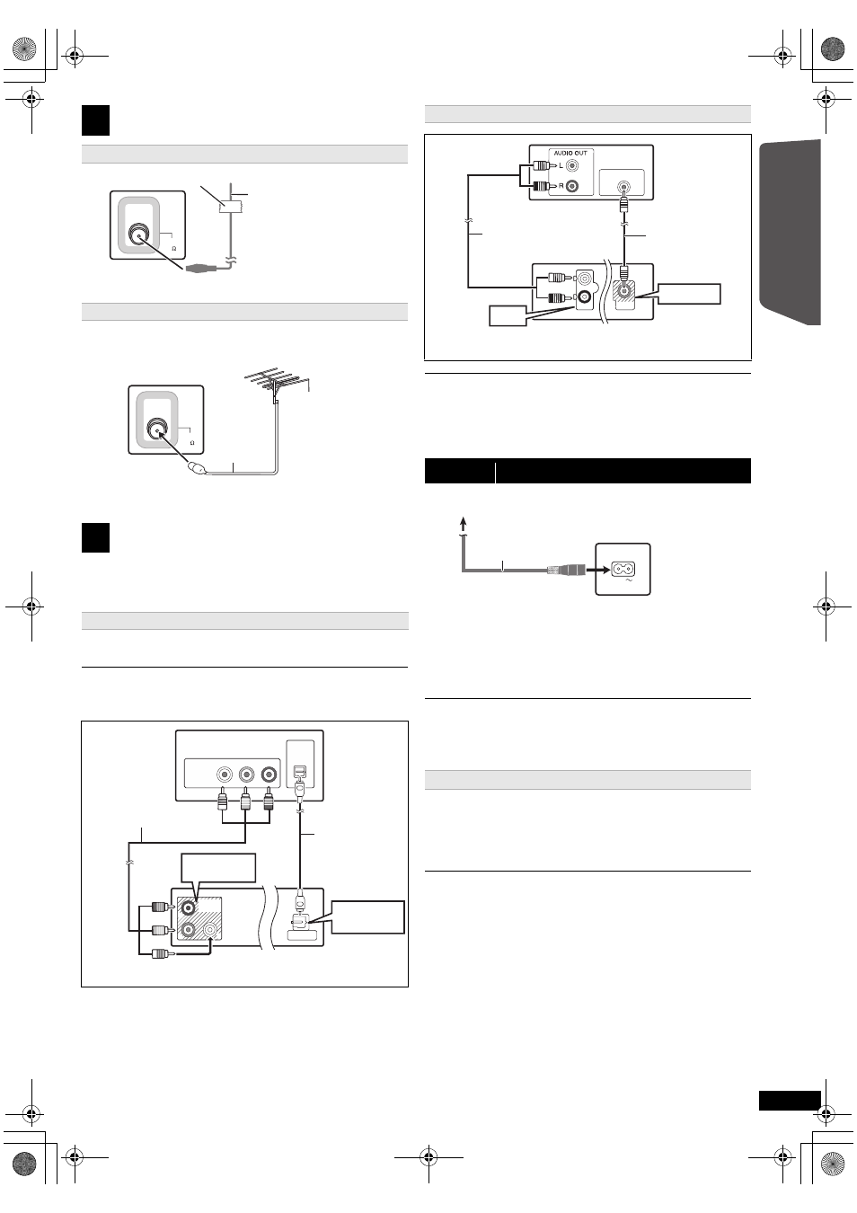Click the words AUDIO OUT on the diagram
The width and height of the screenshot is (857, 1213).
coord(570,154)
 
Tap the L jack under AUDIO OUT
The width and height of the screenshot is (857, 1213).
coord(571,165)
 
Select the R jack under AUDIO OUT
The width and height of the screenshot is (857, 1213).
coord(571,186)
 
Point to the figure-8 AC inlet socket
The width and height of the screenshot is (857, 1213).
coord(623,569)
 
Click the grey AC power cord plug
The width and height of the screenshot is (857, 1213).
coord(566,570)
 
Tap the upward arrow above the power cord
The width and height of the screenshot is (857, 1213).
coord(463,524)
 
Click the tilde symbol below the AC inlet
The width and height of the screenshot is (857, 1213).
coord(629,580)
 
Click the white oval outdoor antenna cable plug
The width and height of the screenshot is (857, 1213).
coord(196,467)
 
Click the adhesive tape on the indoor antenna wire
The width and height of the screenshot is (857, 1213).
coord(231,207)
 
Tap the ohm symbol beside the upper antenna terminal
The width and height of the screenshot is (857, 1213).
coord(173,249)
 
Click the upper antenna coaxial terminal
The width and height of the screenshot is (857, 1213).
coord(139,235)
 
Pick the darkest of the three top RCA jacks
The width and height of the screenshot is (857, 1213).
coord(269,775)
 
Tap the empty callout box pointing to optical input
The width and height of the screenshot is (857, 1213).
coord(367,916)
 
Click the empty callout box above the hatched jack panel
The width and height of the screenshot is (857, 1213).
coord(218,868)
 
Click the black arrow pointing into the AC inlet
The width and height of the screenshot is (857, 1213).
coord(598,570)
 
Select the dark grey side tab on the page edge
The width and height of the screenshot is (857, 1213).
coord(790,233)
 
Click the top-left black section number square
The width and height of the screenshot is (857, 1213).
coord(96,120)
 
